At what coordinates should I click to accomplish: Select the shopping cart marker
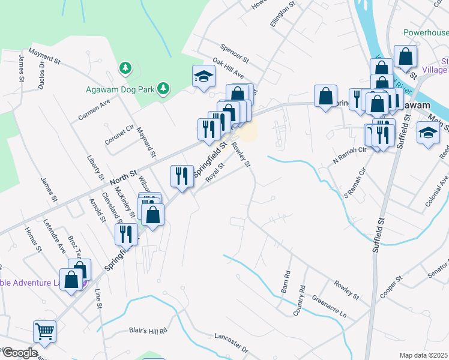coord(45,331)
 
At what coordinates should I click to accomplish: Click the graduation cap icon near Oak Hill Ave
coord(203,77)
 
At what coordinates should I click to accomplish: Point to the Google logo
coord(19,353)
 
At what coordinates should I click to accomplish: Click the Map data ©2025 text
coord(423,355)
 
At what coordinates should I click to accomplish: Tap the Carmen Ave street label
coord(97,109)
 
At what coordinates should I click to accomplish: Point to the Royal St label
coord(214,172)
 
